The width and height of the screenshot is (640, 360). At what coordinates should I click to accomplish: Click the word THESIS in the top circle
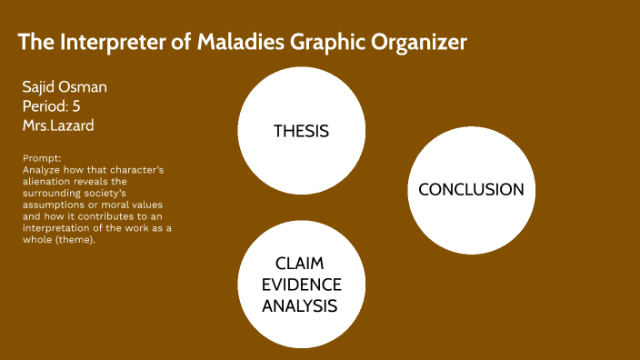(x=301, y=131)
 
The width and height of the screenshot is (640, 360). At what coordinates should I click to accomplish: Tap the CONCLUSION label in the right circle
(x=471, y=189)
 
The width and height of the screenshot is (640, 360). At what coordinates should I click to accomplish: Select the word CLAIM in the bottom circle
(x=300, y=262)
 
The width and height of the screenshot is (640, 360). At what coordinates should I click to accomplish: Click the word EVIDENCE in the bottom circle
(x=300, y=284)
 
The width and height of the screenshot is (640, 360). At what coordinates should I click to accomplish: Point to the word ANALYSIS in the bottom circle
(x=300, y=306)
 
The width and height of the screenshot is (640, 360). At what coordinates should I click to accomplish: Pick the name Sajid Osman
(x=65, y=87)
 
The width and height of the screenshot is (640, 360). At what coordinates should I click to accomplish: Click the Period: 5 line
(x=51, y=106)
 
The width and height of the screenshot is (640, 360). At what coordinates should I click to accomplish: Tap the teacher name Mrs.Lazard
(x=57, y=125)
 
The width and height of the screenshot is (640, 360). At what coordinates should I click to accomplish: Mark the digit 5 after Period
(x=76, y=106)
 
